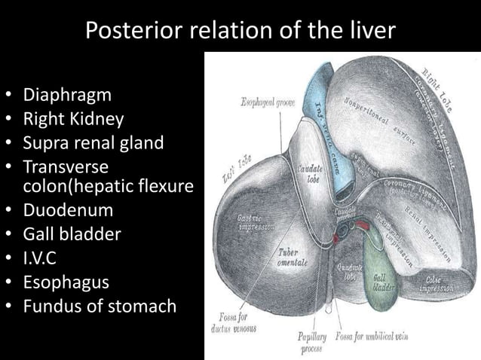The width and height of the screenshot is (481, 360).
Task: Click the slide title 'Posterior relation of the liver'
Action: point(240,30)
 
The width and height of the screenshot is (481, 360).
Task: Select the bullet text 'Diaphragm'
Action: point(67,96)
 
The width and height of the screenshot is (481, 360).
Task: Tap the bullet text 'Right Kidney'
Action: point(73,119)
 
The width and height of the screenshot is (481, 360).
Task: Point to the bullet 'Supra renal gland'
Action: point(93,142)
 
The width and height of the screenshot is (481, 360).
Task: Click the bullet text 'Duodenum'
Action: point(68,209)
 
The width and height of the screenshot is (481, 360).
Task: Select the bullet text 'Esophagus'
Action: point(66,282)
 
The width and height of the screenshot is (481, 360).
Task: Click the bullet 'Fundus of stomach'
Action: point(100,306)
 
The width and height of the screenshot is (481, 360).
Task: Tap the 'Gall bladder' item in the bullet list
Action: point(72,233)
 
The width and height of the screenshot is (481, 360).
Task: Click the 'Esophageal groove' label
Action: point(269,101)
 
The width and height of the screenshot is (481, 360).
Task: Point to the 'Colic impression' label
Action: point(435,283)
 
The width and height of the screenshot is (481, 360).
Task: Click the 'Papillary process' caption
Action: point(312,343)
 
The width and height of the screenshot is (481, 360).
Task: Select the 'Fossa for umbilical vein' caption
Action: point(372,337)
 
